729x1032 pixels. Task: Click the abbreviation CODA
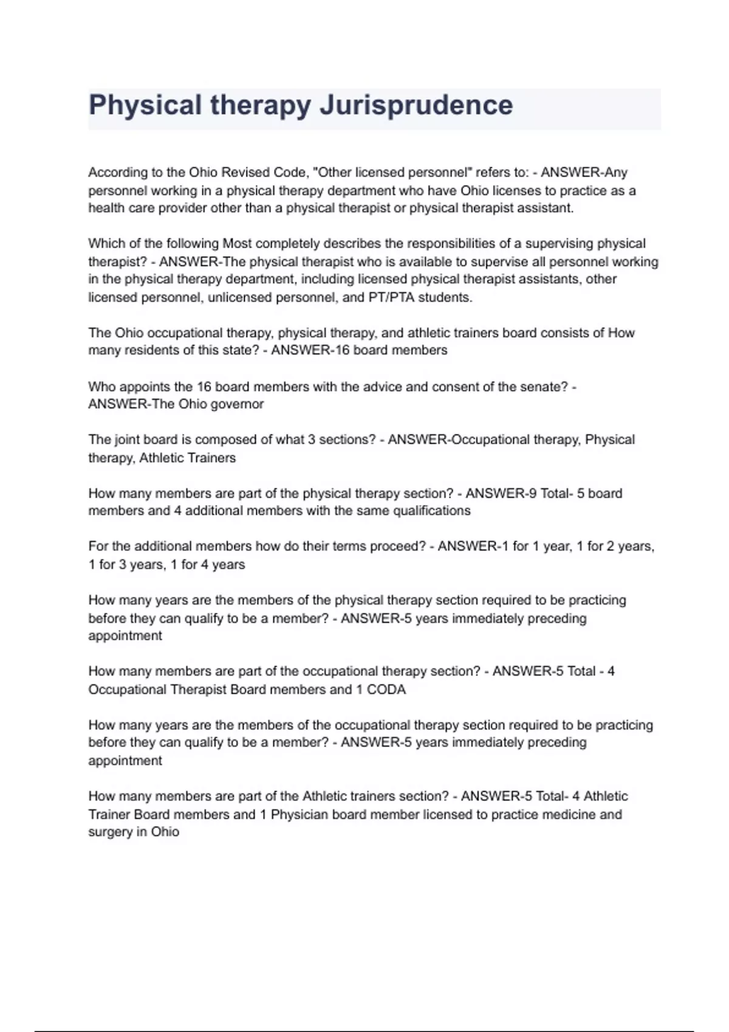coord(386,690)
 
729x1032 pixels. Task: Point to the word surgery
coord(109,832)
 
